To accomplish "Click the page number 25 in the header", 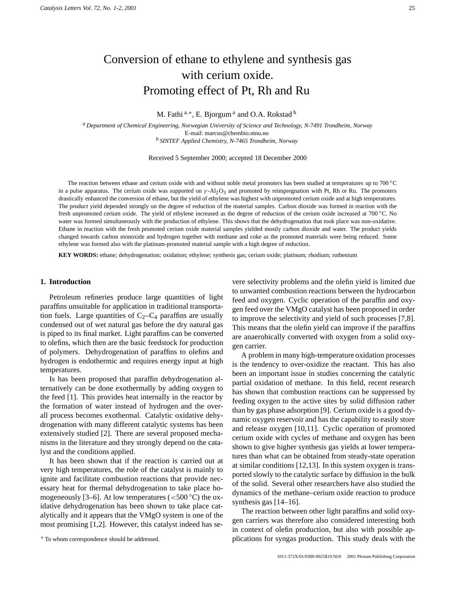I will pyautogui.click(x=412, y=8).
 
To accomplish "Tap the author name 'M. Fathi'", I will pyautogui.click(x=170, y=114).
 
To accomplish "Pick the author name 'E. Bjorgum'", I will pyautogui.click(x=213, y=114).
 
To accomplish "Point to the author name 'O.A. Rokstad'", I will pyautogui.click(x=271, y=114).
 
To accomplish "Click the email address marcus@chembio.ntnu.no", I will pyautogui.click(x=236, y=133).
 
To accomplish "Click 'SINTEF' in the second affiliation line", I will pyautogui.click(x=170, y=141).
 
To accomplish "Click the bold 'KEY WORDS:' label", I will pyautogui.click(x=78, y=255).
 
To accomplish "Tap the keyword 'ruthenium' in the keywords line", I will pyautogui.click(x=344, y=255).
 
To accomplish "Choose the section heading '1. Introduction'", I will pyautogui.click(x=65, y=282).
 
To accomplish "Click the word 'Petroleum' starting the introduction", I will pyautogui.click(x=65, y=297).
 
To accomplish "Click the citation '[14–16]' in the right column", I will pyautogui.click(x=287, y=502).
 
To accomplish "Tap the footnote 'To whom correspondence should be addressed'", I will pyautogui.click(x=102, y=539).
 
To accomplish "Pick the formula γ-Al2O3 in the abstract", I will pyautogui.click(x=215, y=191).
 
